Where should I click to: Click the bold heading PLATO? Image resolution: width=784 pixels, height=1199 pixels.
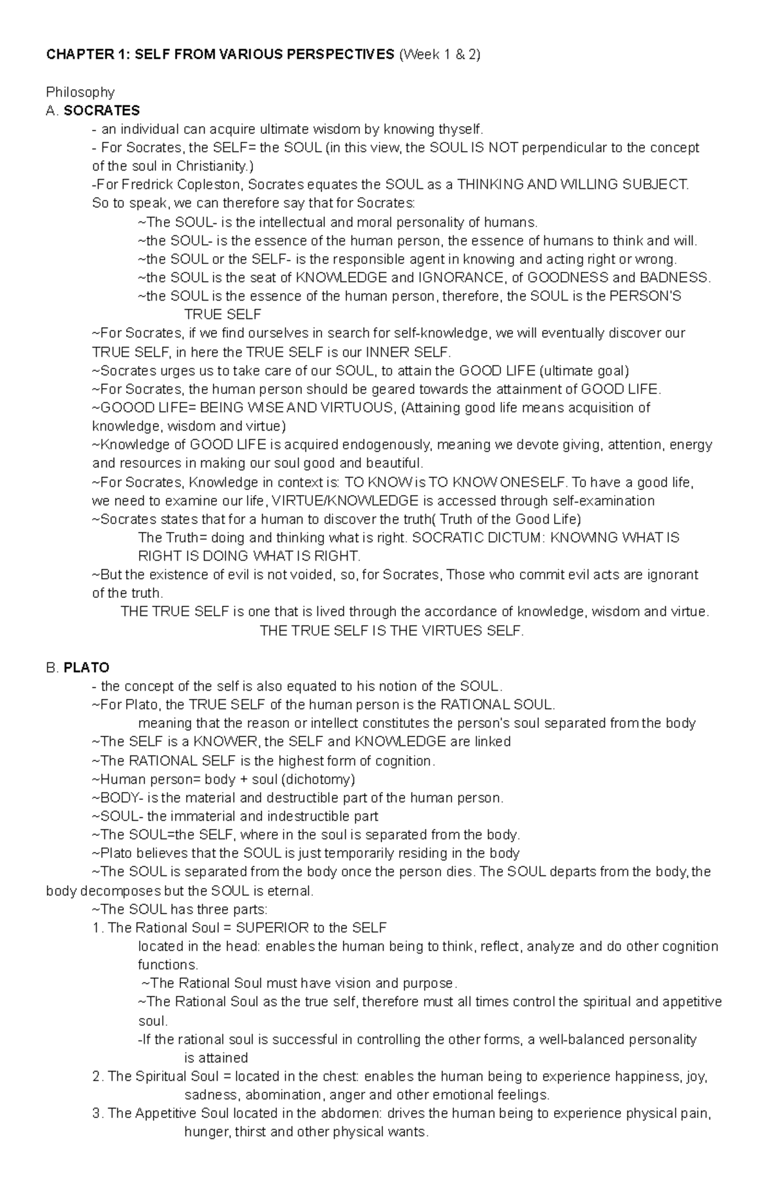click(86, 668)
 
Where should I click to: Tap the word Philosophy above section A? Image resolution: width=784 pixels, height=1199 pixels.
click(80, 92)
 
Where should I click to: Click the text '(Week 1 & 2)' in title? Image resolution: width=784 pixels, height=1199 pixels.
click(439, 55)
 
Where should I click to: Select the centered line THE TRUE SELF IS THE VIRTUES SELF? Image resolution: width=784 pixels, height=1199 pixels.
click(391, 631)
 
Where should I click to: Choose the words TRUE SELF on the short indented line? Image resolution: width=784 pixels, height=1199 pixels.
click(223, 315)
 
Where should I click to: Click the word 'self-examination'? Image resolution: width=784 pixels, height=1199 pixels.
click(603, 501)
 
